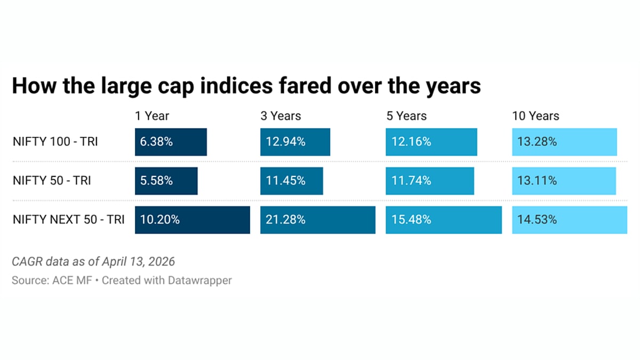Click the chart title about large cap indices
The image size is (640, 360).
coord(246,86)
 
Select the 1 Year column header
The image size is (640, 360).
coord(152,116)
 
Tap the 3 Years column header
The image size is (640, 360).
coord(281,116)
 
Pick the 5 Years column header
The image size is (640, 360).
coord(406,116)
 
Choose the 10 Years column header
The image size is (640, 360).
coord(535,116)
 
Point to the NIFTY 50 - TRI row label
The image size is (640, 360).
coord(52,181)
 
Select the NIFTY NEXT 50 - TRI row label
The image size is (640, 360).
coord(68,220)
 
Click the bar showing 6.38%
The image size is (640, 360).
coord(171,142)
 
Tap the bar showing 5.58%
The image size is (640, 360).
coord(166,181)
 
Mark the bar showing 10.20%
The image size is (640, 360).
coord(192,220)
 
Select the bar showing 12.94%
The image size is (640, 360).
coord(295,142)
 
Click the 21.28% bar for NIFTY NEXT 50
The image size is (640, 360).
coord(317,220)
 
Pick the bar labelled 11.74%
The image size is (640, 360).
coord(429,181)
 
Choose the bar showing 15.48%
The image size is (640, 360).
coord(443,220)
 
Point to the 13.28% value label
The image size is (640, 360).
coord(537,142)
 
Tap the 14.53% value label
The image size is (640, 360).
coord(537,220)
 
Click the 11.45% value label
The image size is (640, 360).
coord(286,181)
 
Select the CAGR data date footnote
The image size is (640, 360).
coord(93,262)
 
